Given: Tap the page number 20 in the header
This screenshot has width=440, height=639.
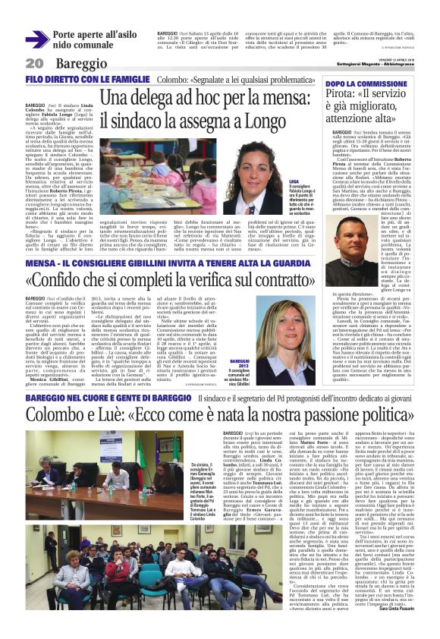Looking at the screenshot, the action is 33,63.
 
